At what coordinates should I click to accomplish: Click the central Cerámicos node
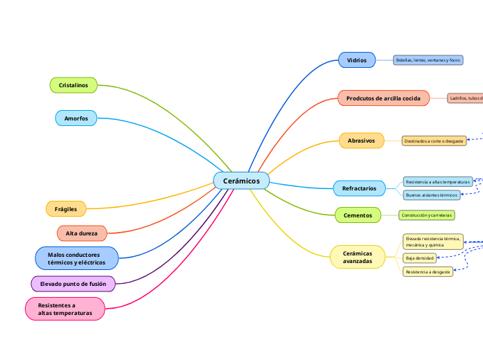click(241, 181)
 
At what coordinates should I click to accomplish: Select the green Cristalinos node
click(73, 85)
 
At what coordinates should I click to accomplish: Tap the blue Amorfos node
click(76, 118)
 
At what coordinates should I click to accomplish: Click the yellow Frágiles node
click(66, 208)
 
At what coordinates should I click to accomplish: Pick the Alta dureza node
click(82, 233)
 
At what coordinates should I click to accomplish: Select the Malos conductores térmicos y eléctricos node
click(76, 259)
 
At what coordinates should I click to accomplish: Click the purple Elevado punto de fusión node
click(73, 284)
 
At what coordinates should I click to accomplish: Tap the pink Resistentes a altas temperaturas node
click(64, 309)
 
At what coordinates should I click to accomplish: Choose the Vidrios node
click(357, 60)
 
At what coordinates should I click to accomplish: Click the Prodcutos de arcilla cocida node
click(383, 98)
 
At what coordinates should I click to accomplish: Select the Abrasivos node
click(361, 141)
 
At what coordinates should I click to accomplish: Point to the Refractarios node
click(359, 188)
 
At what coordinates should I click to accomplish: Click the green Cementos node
click(358, 215)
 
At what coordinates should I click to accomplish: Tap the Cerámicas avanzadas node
click(357, 257)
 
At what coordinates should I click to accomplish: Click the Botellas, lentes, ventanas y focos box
click(428, 60)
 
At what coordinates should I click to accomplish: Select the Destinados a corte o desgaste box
click(434, 141)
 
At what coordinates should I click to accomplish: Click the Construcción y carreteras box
click(426, 215)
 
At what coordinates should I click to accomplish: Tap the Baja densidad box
click(419, 258)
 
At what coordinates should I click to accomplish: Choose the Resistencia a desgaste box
click(428, 272)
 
